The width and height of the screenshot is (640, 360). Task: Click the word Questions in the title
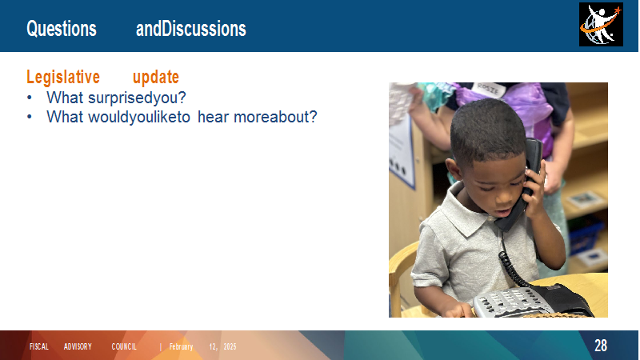[62, 29]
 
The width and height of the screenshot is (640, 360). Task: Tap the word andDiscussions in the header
[191, 29]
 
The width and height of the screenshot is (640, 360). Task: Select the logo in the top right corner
[601, 25]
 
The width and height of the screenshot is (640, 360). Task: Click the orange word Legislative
[63, 77]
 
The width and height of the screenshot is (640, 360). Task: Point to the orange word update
[156, 77]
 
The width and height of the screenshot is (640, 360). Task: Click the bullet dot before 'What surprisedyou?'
[30, 98]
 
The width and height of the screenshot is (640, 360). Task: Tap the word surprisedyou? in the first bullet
[137, 98]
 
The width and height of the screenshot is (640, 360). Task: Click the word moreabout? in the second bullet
[275, 117]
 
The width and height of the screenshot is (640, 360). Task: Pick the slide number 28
[601, 346]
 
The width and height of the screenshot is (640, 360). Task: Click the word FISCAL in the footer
[39, 346]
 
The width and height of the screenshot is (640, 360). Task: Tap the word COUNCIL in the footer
[124, 346]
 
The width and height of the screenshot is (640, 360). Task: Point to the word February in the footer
[182, 346]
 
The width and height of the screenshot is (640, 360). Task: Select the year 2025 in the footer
[230, 346]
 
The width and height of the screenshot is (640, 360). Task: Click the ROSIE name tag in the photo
[489, 90]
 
